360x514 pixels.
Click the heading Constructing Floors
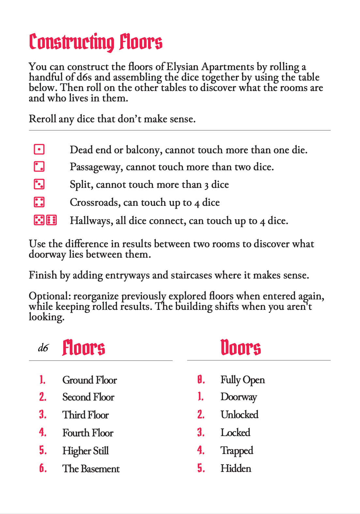pyautogui.click(x=96, y=42)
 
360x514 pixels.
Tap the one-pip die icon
pyautogui.click(x=39, y=150)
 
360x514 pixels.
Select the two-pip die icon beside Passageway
pyautogui.click(x=39, y=167)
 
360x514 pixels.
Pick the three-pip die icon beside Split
pyautogui.click(x=39, y=184)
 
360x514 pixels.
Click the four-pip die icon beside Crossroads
pyautogui.click(x=39, y=202)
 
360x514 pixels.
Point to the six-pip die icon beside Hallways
pyautogui.click(x=52, y=220)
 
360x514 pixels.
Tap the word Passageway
pyautogui.click(x=96, y=167)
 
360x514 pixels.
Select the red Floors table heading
pyautogui.click(x=84, y=348)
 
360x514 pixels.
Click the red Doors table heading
pyautogui.click(x=241, y=348)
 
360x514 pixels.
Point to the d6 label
pyautogui.click(x=43, y=348)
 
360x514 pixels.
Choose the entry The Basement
pyautogui.click(x=91, y=469)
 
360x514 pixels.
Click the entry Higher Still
pyautogui.click(x=85, y=451)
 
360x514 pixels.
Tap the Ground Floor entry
pyautogui.click(x=90, y=380)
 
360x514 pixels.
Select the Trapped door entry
pyautogui.click(x=237, y=451)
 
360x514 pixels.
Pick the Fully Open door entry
pyautogui.click(x=243, y=380)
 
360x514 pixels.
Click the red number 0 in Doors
pyautogui.click(x=201, y=380)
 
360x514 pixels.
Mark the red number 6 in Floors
pyautogui.click(x=43, y=468)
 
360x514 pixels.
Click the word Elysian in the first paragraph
pyautogui.click(x=182, y=67)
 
